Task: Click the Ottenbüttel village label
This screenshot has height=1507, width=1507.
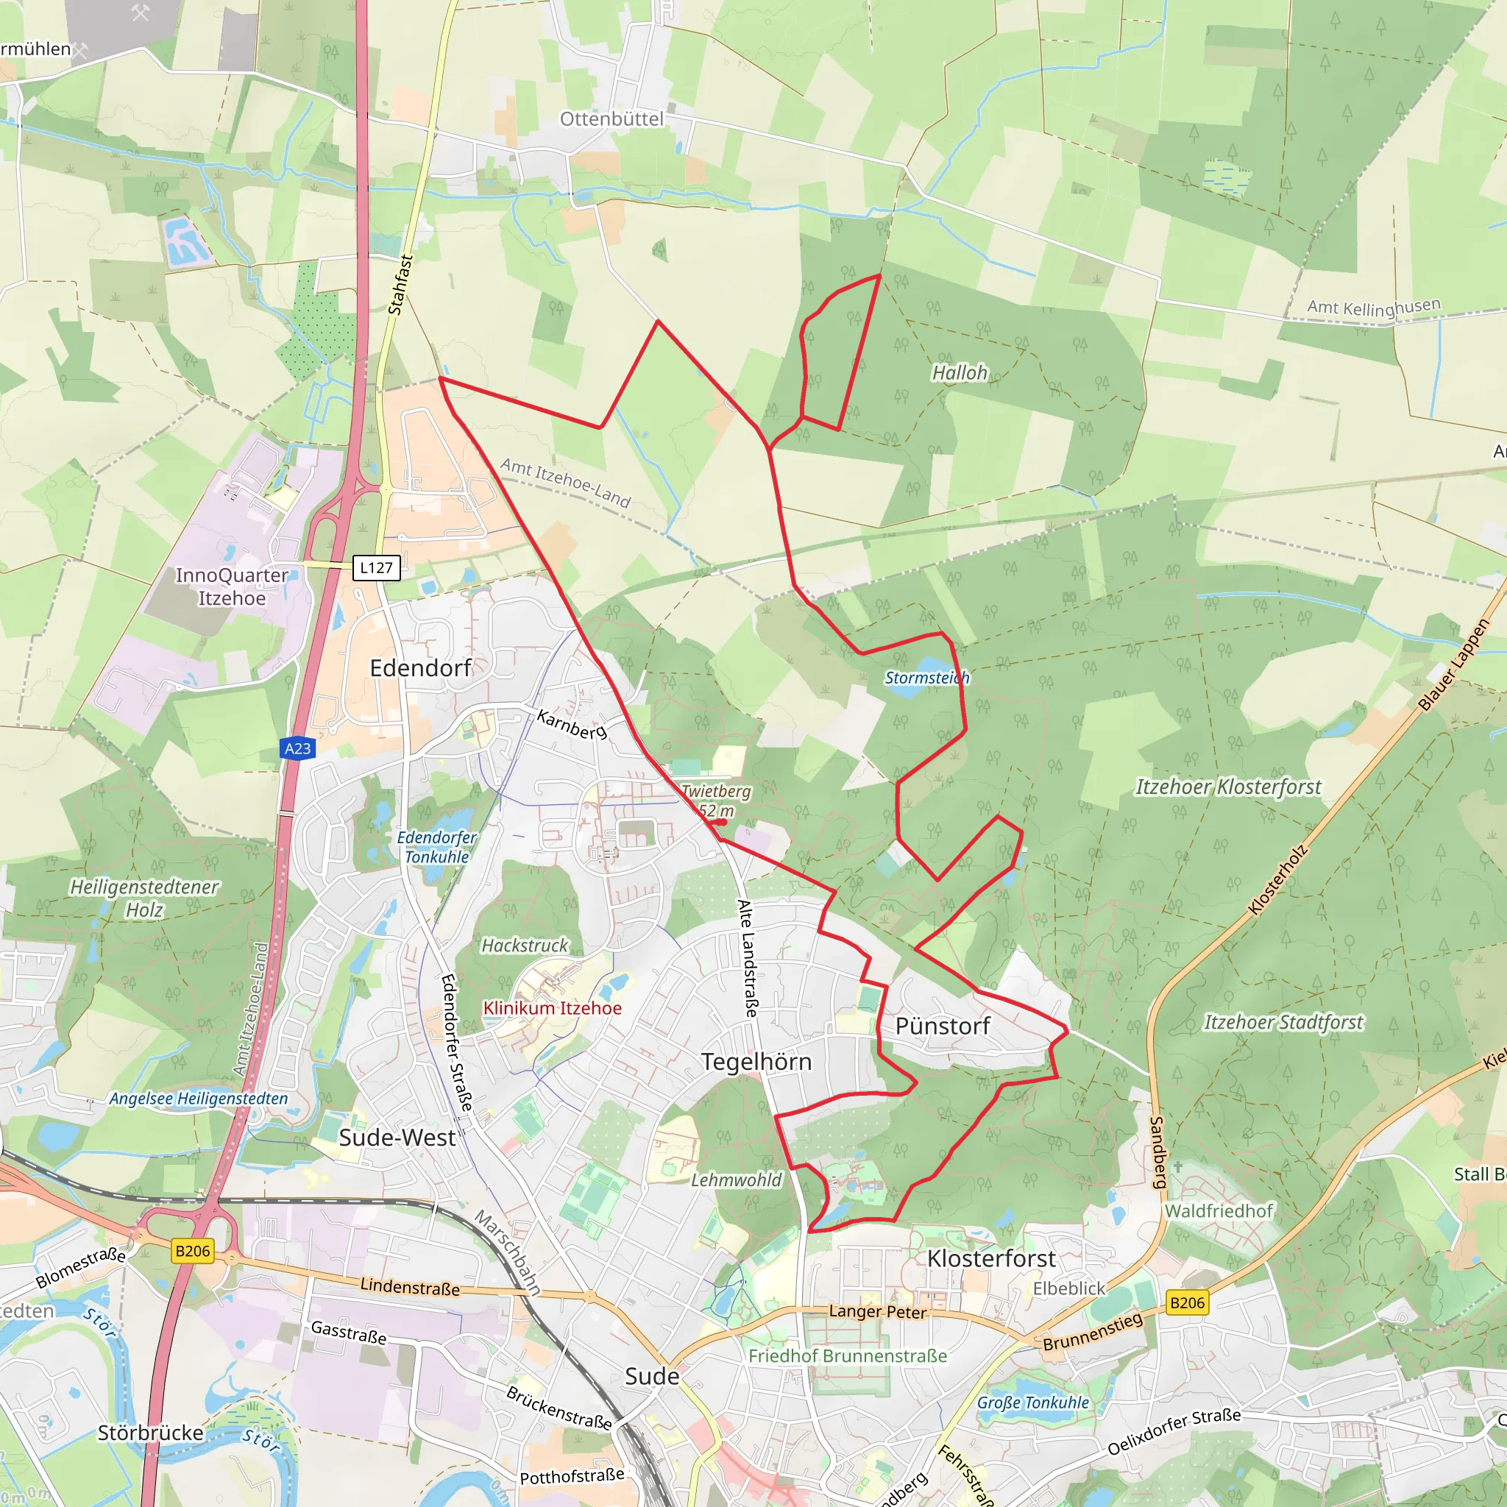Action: pyautogui.click(x=611, y=119)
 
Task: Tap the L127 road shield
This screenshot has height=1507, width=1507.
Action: pyautogui.click(x=376, y=568)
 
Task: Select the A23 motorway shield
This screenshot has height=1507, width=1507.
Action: pyautogui.click(x=297, y=749)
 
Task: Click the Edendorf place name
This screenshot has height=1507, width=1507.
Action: pyautogui.click(x=420, y=668)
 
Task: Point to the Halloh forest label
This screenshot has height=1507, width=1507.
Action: pyautogui.click(x=960, y=373)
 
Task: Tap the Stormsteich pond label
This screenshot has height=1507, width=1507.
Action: pyautogui.click(x=926, y=678)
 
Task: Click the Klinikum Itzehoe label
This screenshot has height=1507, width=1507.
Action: pyautogui.click(x=553, y=1008)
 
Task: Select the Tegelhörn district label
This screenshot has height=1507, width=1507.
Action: pyautogui.click(x=756, y=1062)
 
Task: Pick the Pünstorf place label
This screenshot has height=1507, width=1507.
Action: pyautogui.click(x=943, y=1026)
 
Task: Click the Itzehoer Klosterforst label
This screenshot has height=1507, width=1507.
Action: pyautogui.click(x=1228, y=787)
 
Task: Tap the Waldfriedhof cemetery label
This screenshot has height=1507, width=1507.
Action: pyautogui.click(x=1219, y=1210)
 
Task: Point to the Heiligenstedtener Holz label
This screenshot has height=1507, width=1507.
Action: pyautogui.click(x=144, y=898)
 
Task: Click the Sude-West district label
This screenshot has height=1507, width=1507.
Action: pyautogui.click(x=397, y=1138)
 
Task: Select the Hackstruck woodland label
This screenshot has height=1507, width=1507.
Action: pyautogui.click(x=525, y=946)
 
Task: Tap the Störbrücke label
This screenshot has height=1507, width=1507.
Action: pyautogui.click(x=151, y=1433)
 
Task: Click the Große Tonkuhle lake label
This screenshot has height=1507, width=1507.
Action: pyautogui.click(x=1032, y=1402)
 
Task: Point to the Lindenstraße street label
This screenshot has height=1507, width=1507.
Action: pyautogui.click(x=410, y=1286)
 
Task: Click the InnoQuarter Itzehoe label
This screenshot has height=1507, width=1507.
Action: pyautogui.click(x=232, y=586)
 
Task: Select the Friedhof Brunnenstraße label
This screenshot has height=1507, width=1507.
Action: pyautogui.click(x=848, y=1355)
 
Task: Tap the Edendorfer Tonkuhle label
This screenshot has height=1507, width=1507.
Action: pyautogui.click(x=437, y=846)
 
